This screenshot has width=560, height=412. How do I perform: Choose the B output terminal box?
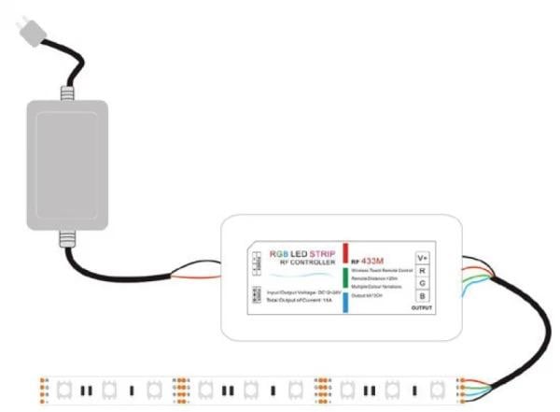[422, 297]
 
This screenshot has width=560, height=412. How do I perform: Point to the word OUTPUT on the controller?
[422, 307]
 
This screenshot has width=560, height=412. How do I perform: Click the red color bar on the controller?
[344, 253]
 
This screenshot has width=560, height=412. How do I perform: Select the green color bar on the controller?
[344, 277]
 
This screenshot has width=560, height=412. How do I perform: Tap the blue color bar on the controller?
[344, 301]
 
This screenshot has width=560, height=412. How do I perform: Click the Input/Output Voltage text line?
[299, 292]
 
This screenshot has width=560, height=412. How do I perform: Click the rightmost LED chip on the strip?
[437, 387]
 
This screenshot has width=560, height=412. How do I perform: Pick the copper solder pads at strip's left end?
[45, 387]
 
